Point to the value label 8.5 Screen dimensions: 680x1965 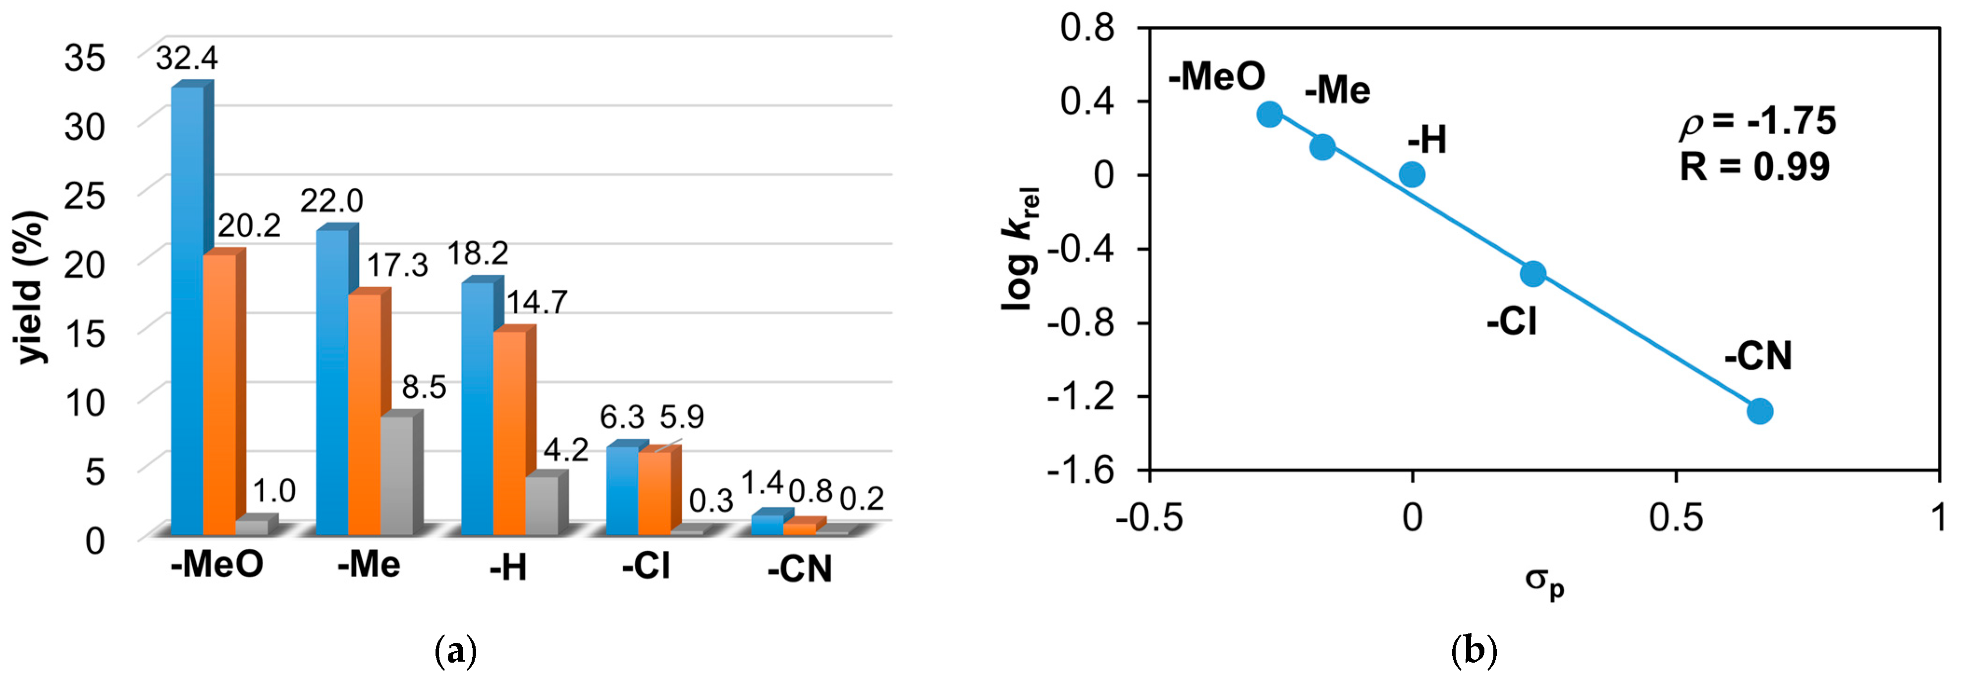tap(424, 387)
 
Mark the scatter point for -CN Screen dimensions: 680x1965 tap(1759, 411)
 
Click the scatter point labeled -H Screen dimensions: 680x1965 tap(1412, 174)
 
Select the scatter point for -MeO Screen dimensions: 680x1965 tap(1269, 114)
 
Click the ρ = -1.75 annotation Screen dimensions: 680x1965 tap(1758, 122)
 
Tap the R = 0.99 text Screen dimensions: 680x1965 tap(1754, 166)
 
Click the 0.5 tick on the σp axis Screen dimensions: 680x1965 tap(1675, 518)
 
